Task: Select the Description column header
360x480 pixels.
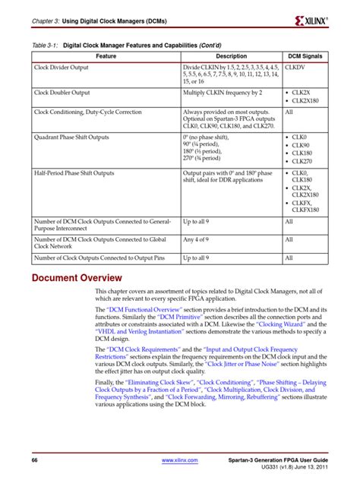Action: (x=231, y=56)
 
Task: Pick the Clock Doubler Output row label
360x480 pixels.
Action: (x=66, y=92)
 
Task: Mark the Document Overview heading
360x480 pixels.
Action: (x=76, y=277)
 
